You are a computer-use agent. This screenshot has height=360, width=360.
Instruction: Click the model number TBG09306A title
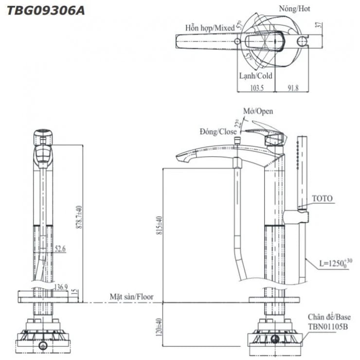pyautogui.click(x=45, y=10)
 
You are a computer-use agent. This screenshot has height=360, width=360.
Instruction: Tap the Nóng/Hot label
pyautogui.click(x=294, y=9)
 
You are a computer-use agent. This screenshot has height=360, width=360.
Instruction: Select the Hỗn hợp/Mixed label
pyautogui.click(x=209, y=28)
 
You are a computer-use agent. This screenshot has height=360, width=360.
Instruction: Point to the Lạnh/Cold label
pyautogui.click(x=255, y=76)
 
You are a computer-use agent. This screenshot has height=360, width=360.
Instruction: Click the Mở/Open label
pyautogui.click(x=258, y=111)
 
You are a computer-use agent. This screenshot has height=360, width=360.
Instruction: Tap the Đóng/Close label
pyautogui.click(x=218, y=131)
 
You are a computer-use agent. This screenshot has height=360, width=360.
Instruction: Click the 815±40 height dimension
pyautogui.click(x=158, y=225)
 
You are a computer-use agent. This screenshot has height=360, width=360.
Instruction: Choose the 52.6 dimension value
pyautogui.click(x=60, y=249)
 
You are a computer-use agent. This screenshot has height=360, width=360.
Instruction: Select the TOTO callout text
pyautogui.click(x=322, y=198)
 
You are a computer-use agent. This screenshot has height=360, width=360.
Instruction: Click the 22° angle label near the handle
pyautogui.click(x=238, y=123)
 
